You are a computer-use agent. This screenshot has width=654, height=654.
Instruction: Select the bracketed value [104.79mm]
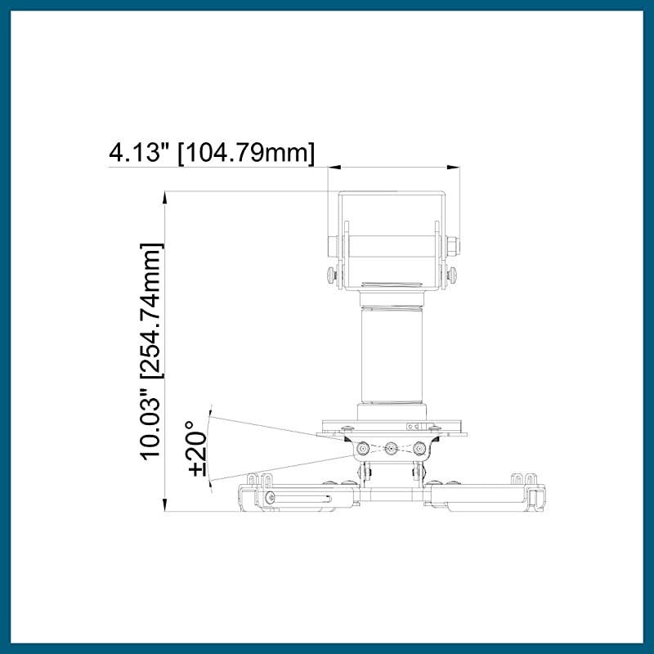(x=246, y=152)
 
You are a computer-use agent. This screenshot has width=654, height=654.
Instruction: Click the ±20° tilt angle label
(x=197, y=448)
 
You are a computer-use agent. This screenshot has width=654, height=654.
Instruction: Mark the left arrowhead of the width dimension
(x=331, y=168)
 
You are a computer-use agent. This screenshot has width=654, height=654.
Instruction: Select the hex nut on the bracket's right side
(x=452, y=245)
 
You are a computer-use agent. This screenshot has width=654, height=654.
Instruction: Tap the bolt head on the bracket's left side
(x=332, y=245)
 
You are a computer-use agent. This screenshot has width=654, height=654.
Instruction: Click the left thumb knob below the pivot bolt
(x=332, y=275)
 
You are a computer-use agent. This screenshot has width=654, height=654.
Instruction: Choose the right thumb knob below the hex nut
(x=452, y=275)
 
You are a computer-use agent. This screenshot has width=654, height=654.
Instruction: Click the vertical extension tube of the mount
(x=392, y=356)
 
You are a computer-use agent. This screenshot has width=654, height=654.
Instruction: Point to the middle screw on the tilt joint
(x=392, y=448)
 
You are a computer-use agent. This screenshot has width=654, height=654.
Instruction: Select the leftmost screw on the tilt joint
(x=363, y=448)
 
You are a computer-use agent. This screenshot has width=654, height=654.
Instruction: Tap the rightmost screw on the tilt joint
(x=420, y=448)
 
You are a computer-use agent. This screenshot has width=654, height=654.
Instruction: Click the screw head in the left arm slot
(x=270, y=498)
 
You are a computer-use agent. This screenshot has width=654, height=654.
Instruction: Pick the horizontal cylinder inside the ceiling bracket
(x=392, y=245)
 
